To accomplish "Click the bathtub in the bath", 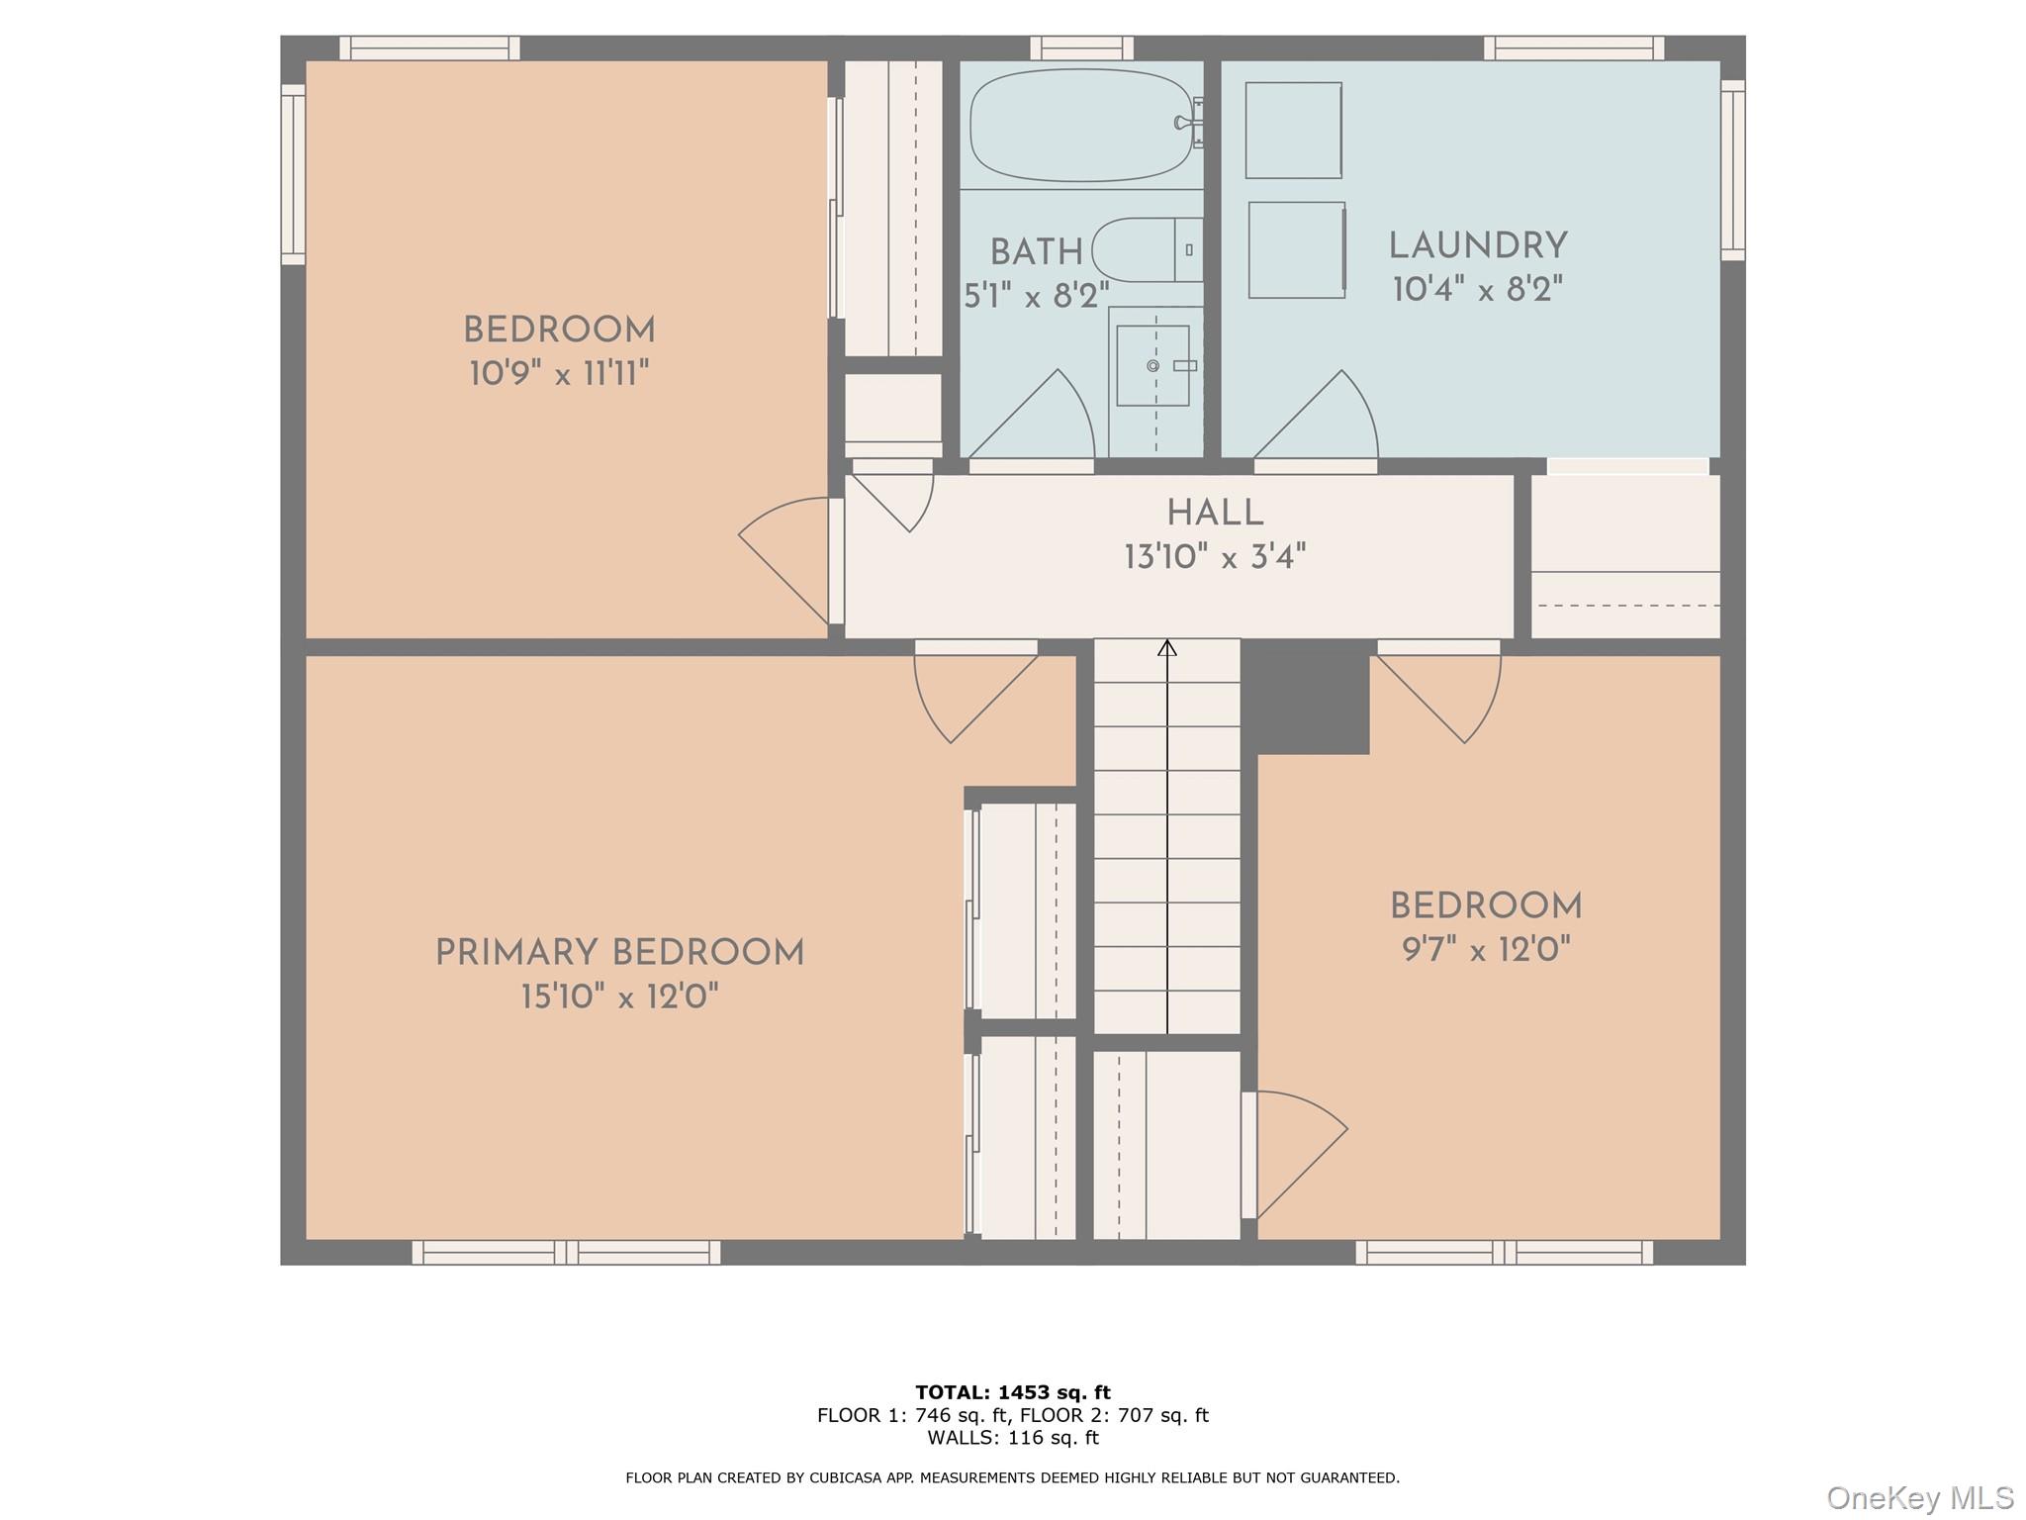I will click(1080, 125).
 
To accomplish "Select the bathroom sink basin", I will click(1152, 365).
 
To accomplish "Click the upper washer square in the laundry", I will click(1293, 130).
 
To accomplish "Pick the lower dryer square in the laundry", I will click(1296, 249).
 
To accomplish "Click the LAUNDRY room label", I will click(1478, 245).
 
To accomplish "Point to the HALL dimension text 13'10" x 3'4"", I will click(1215, 557).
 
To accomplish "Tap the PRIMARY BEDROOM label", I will click(619, 953).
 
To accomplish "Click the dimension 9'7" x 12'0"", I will click(1486, 950).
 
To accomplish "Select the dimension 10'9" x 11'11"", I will click(559, 374).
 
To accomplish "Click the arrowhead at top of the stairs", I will click(1167, 648).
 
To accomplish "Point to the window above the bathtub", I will click(1081, 47).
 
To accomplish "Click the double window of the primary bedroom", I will click(566, 1253).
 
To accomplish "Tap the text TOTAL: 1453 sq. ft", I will click(1013, 1392).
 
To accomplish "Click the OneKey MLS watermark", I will click(1919, 1497).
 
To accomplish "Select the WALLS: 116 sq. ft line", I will click(1013, 1438).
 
